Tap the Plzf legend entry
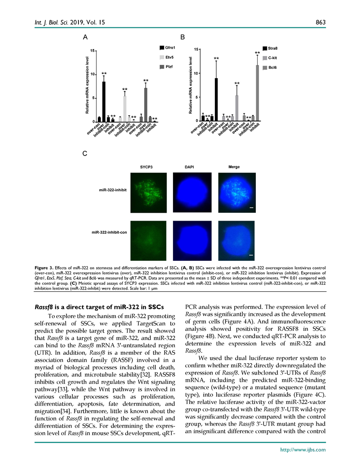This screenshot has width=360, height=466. (166, 67)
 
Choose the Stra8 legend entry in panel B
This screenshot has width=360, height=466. (270, 48)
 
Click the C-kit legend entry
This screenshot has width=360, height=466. (270, 58)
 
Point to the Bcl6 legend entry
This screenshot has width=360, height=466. (270, 68)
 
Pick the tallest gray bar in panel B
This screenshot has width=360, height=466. (257, 93)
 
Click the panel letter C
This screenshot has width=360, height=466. (85, 153)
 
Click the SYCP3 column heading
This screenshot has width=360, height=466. (146, 167)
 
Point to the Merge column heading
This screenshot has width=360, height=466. (234, 167)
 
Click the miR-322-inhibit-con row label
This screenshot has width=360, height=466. (110, 232)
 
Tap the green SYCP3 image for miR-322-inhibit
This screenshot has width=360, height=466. (147, 193)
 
